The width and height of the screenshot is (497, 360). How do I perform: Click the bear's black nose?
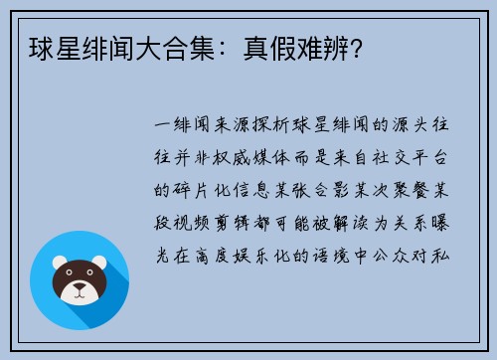(x=80, y=289)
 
